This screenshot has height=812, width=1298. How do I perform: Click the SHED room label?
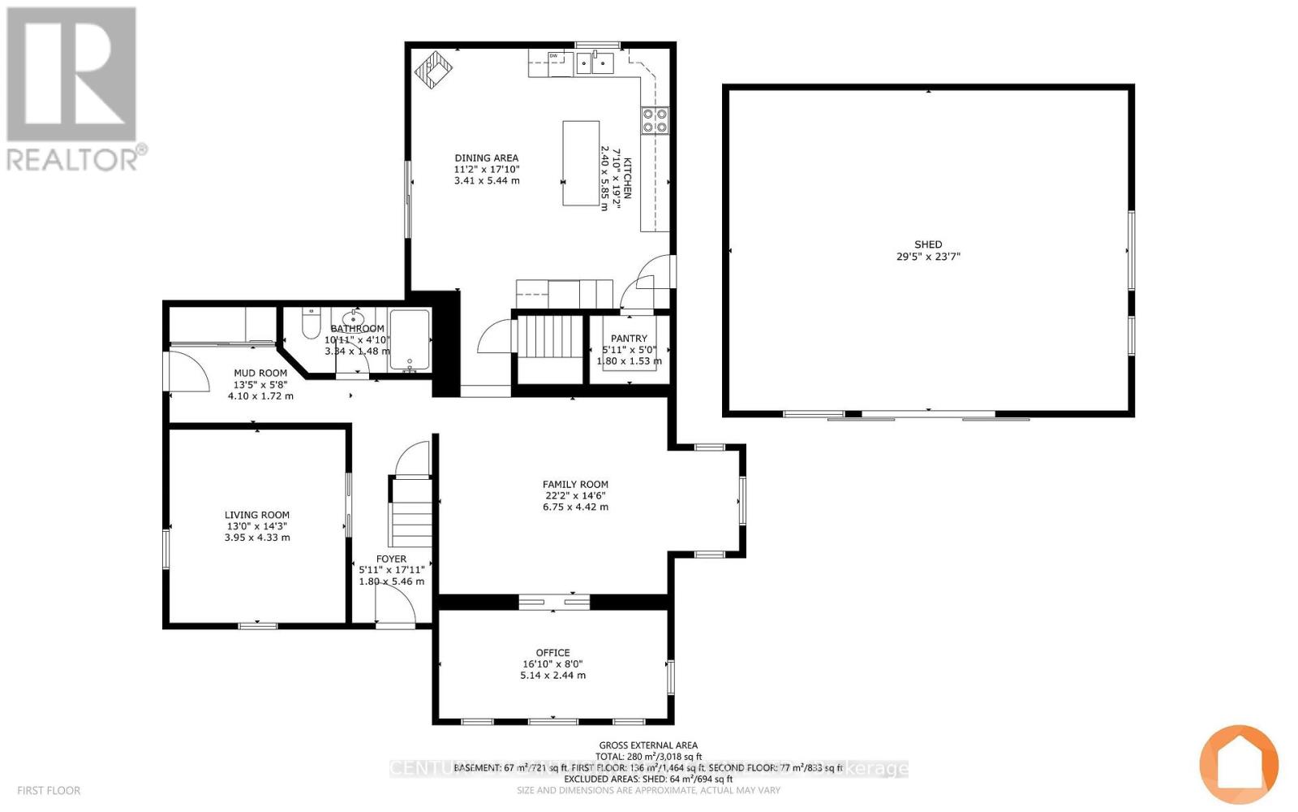point(928,244)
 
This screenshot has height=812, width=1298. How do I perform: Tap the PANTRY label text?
point(629,339)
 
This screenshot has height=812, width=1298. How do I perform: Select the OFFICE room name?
point(552,653)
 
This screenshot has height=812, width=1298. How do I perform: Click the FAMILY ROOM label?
point(575,485)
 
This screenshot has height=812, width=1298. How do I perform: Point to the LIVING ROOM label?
point(256,515)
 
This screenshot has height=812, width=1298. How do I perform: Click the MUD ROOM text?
point(260,374)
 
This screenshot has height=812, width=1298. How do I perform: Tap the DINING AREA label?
point(486,158)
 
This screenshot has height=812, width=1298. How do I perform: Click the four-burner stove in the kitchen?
point(655,120)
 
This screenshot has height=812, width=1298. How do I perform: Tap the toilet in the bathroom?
point(310,324)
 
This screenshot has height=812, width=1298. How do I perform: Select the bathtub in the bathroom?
point(410,339)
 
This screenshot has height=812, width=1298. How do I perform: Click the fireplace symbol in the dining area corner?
point(435,70)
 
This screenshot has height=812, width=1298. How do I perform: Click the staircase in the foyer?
point(411,512)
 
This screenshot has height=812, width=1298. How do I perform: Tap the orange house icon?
point(1239,764)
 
